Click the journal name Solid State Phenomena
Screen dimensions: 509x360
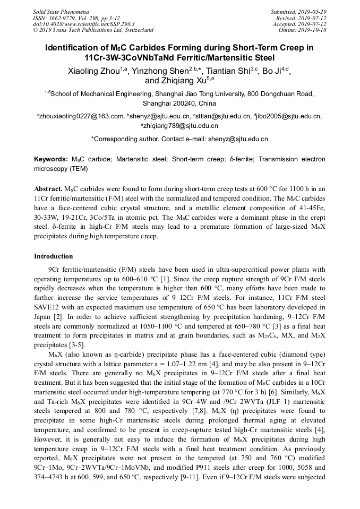coord(61,11)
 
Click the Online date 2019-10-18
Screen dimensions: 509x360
coord(314,30)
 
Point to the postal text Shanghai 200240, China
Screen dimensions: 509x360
coord(179,103)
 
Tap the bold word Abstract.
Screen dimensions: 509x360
coord(48,189)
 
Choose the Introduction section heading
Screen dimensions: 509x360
coord(54,256)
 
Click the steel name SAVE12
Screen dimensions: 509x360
coord(46,307)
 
